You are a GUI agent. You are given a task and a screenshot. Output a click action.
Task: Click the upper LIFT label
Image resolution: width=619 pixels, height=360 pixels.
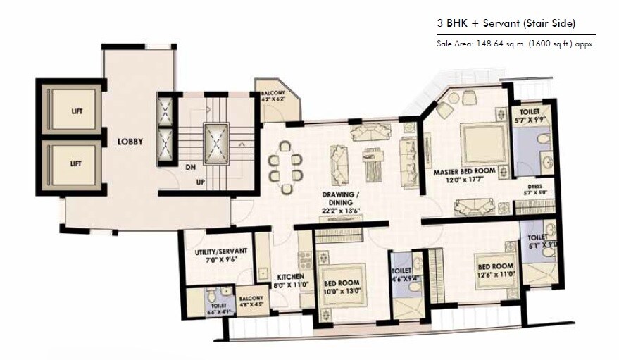(76, 111)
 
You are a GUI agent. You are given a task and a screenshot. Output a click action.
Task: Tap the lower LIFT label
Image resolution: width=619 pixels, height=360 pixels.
(76, 163)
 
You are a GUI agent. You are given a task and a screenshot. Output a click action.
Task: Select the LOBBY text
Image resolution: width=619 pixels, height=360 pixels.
(130, 142)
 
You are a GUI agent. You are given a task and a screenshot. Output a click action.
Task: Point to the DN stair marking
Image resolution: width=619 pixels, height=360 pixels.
(189, 167)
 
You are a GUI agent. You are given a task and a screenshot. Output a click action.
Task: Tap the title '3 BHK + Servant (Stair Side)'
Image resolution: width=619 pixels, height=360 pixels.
(506, 23)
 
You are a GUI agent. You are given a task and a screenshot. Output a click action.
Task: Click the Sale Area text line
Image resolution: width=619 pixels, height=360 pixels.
(515, 44)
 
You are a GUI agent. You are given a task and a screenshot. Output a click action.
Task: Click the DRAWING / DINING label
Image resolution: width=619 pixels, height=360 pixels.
(341, 196)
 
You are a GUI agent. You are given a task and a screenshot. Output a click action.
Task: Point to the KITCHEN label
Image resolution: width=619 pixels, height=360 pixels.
(290, 276)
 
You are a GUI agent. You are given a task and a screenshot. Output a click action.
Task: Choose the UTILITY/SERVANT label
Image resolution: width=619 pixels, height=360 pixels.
(219, 254)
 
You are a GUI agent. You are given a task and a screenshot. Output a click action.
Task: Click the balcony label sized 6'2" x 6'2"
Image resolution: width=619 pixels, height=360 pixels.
(273, 97)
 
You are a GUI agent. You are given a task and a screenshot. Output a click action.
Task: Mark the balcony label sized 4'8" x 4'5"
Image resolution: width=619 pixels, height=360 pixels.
(251, 302)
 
